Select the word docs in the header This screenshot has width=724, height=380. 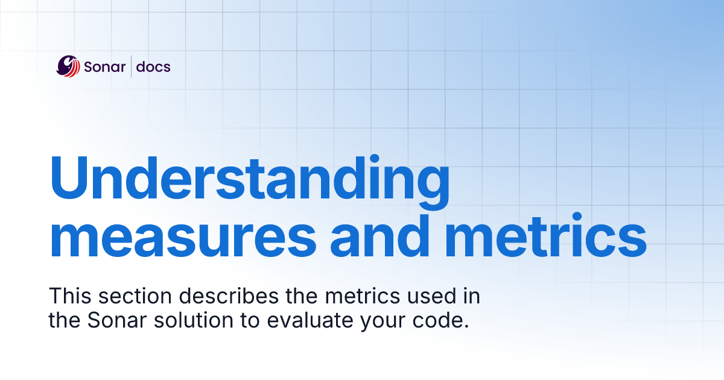(x=153, y=66)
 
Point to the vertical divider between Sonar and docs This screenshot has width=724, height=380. (x=132, y=66)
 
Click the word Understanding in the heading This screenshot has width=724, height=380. (x=249, y=180)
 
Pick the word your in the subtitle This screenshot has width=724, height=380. (x=382, y=320)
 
